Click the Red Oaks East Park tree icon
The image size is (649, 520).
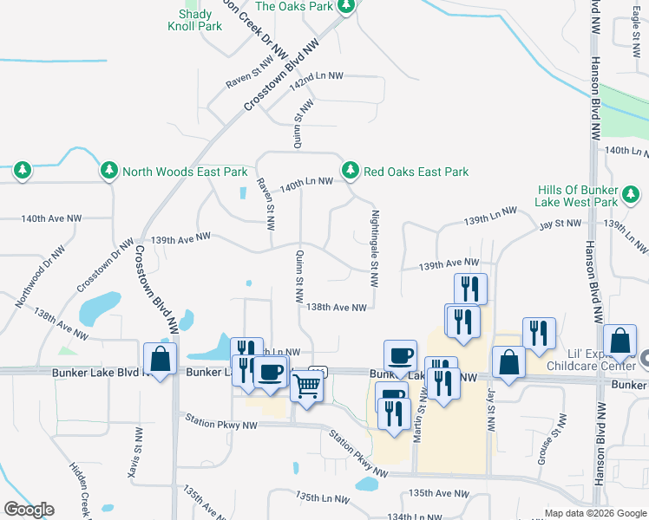(351, 171)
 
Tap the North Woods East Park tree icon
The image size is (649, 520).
(109, 171)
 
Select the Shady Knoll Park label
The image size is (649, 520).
(195, 20)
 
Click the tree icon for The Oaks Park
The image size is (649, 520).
(346, 7)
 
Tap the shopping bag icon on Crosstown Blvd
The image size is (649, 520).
(161, 359)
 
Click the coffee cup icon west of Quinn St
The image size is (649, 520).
(270, 373)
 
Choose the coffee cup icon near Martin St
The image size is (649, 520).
(400, 355)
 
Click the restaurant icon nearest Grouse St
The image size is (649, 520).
(538, 334)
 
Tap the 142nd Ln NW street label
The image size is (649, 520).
(317, 78)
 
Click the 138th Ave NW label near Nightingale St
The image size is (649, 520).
(336, 307)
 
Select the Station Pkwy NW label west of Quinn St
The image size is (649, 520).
(220, 422)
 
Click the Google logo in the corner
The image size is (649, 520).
(29, 510)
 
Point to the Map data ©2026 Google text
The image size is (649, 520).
(594, 513)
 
